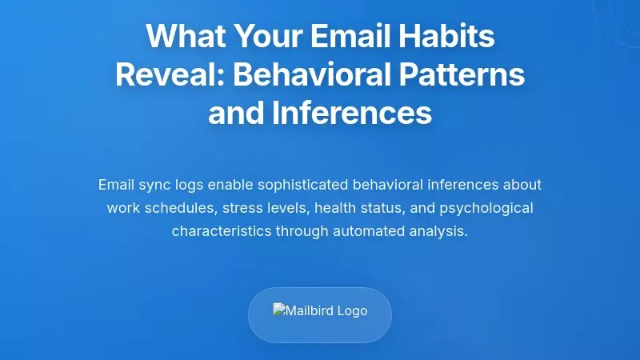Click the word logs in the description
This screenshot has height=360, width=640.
pyautogui.click(x=190, y=185)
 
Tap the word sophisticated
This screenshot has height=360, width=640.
pyautogui.click(x=308, y=185)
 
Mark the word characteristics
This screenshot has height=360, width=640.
pyautogui.click(x=222, y=231)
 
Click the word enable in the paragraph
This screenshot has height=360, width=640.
pyautogui.click(x=231, y=185)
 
